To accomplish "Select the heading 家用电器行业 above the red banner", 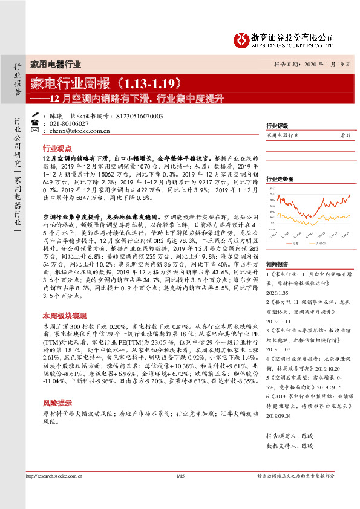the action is [55, 65].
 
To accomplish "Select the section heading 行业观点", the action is [57, 148].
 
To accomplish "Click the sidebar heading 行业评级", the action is [277, 126].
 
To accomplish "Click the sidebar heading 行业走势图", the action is [280, 179].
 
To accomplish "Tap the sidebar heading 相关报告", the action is [277, 264].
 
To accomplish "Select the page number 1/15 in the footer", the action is [180, 494].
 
